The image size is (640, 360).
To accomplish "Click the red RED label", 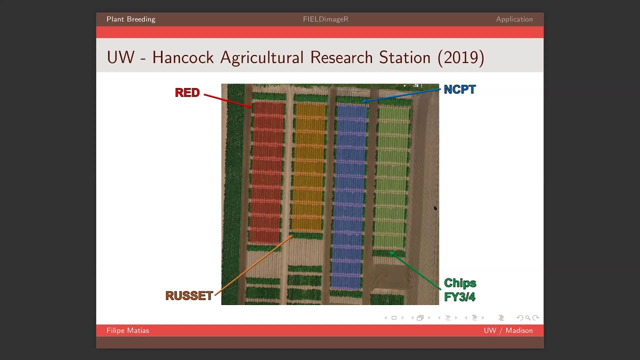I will (x=187, y=92).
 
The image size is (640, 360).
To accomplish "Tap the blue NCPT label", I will (x=459, y=89).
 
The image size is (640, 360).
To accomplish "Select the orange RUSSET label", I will (x=189, y=295).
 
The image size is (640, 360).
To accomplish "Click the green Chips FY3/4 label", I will (x=460, y=290).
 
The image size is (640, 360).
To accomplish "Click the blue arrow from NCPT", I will (x=402, y=95).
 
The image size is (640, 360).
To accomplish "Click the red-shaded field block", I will (x=268, y=172).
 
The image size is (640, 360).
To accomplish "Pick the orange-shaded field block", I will (x=310, y=167).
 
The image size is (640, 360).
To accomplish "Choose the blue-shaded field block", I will (x=351, y=195).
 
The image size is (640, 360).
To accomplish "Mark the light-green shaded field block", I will (x=393, y=177).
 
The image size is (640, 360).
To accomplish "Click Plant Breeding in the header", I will (x=131, y=19).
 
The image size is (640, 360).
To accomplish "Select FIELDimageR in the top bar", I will (x=325, y=19).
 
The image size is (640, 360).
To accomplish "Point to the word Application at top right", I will (x=514, y=19).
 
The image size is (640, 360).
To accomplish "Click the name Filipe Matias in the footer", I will (x=127, y=330).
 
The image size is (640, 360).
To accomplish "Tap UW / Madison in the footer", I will (x=508, y=330).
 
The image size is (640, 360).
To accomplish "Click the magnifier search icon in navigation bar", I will (x=527, y=317).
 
